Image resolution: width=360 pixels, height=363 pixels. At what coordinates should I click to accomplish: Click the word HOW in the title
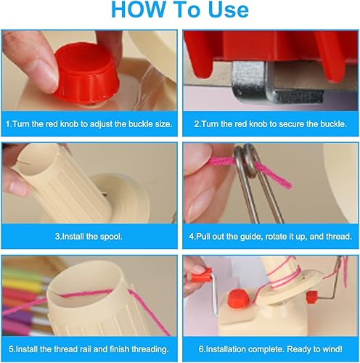point(138,9)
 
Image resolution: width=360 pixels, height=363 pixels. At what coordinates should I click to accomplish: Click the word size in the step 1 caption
point(163,124)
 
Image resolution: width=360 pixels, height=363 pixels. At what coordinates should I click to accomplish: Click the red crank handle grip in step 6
point(201,274)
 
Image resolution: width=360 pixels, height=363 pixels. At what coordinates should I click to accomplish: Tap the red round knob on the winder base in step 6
point(239,300)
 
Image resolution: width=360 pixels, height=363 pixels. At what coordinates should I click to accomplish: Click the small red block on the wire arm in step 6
point(311,296)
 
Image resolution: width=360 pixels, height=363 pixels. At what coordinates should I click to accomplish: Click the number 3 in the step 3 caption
point(57,237)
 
